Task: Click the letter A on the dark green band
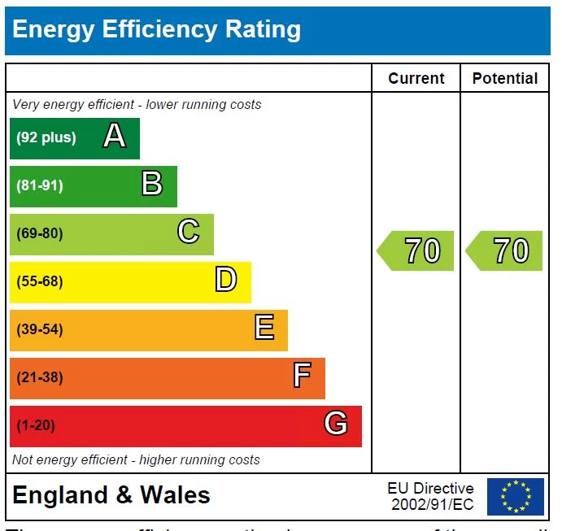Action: [x=115, y=137]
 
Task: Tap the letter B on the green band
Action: [x=152, y=184]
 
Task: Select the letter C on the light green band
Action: [x=188, y=233]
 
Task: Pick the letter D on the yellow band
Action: [x=225, y=281]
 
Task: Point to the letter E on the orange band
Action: [x=264, y=329]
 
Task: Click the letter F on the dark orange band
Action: [x=301, y=376]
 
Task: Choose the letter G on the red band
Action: [x=336, y=424]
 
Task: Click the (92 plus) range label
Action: [x=46, y=137]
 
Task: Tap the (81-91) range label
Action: [x=40, y=185]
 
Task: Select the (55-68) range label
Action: [x=40, y=281]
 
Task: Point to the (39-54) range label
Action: [x=40, y=329]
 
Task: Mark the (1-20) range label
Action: [x=36, y=425]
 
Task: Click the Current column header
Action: [x=416, y=79]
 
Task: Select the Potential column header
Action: [x=505, y=79]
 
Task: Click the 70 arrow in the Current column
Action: [x=416, y=250]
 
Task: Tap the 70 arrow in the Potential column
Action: [x=505, y=250]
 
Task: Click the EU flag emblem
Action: [x=516, y=497]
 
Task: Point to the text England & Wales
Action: [x=111, y=495]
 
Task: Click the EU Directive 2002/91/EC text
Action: [x=431, y=496]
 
